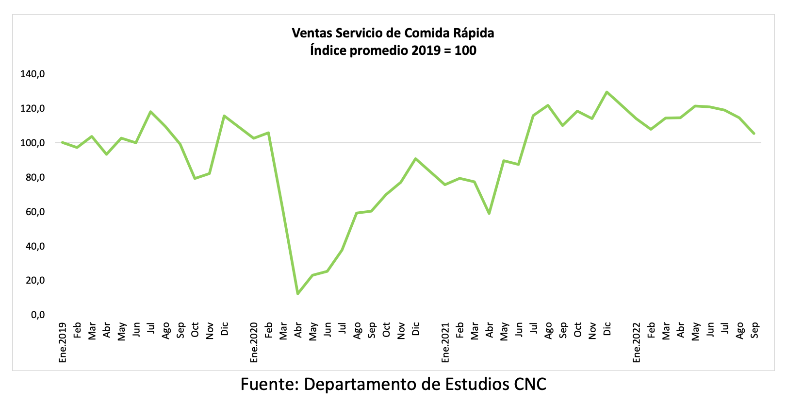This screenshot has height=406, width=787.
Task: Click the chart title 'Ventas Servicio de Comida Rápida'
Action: click(393, 33)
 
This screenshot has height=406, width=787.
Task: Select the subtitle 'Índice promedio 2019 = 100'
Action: click(393, 51)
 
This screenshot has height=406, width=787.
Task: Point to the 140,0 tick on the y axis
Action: click(33, 74)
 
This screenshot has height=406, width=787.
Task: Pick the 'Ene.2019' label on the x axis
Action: click(63, 342)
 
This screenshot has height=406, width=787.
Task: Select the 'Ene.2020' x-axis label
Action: click(254, 342)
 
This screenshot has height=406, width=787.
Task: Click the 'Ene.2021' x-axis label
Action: click(445, 342)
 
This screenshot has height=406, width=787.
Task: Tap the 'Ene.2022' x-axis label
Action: click(637, 342)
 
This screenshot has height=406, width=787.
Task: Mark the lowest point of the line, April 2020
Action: click(297, 294)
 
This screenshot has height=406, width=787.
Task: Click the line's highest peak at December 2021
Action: click(607, 92)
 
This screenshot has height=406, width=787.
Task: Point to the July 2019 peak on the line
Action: click(150, 112)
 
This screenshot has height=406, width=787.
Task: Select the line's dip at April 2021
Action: click(489, 214)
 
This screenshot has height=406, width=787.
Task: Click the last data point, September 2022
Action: click(754, 134)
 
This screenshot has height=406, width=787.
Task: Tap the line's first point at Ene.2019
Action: click(63, 142)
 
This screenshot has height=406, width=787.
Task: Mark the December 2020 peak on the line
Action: click(416, 158)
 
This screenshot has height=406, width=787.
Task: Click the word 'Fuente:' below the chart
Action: click(269, 384)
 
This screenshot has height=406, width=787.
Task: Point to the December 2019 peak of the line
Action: click(224, 116)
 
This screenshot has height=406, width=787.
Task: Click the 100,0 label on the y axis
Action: click(33, 143)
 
